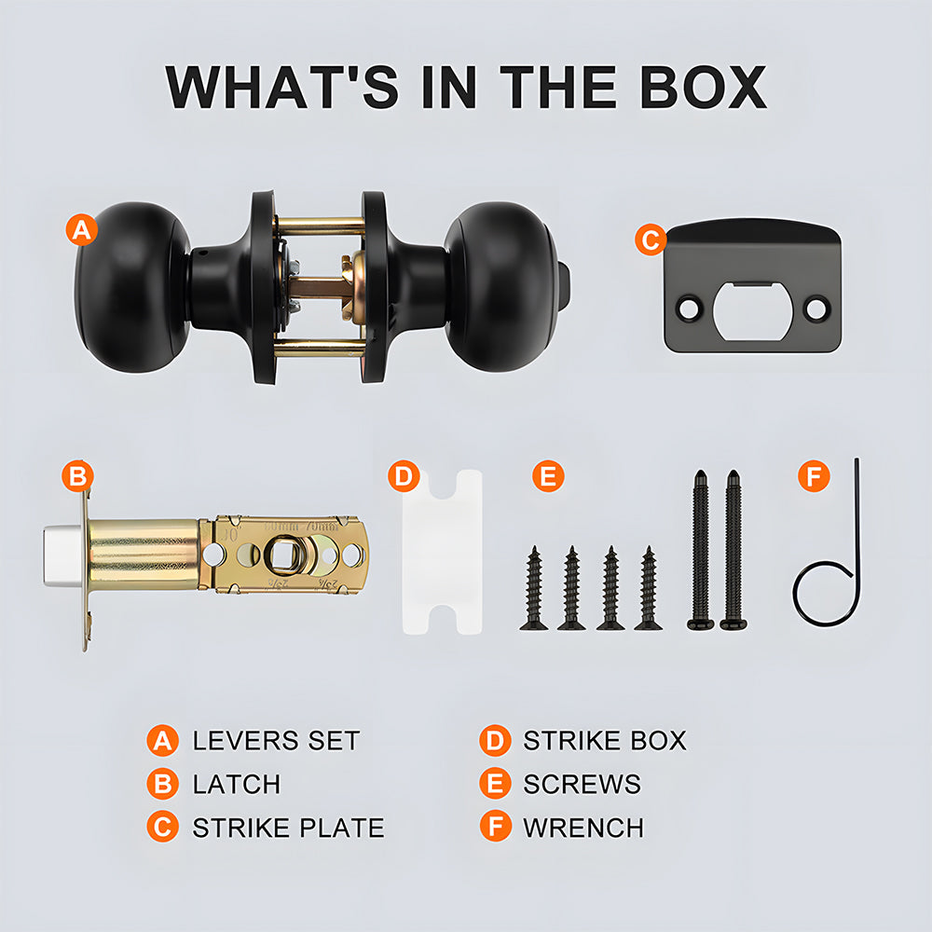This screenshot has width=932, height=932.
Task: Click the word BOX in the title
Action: pos(703,87)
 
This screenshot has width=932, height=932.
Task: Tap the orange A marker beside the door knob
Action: pos(82,229)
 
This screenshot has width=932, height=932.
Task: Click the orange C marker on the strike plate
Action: pos(651,240)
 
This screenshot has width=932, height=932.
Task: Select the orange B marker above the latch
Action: pos(78,476)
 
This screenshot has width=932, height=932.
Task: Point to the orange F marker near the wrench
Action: pos(814,476)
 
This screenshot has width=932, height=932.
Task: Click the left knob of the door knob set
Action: pos(133,288)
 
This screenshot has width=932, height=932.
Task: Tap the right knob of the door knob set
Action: pos(501,287)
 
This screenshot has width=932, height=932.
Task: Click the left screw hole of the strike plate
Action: pos(689,309)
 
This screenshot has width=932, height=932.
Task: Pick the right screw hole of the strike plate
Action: pos(815,309)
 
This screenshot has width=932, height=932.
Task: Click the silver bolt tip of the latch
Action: pos(62,555)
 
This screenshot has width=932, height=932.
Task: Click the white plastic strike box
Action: pos(442,552)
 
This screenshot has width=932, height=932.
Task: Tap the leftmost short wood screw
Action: pos(534,588)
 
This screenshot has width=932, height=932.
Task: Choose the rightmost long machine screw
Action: pos(733,550)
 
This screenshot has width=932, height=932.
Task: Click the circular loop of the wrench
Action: pos(826,593)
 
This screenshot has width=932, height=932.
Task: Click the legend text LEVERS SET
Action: pos(277,741)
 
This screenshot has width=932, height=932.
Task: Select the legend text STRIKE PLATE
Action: pos(288,828)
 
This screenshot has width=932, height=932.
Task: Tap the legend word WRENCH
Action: pos(583,828)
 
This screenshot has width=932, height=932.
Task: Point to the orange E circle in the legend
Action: pos(495,784)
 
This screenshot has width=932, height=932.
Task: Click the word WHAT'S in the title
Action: pos(281,87)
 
